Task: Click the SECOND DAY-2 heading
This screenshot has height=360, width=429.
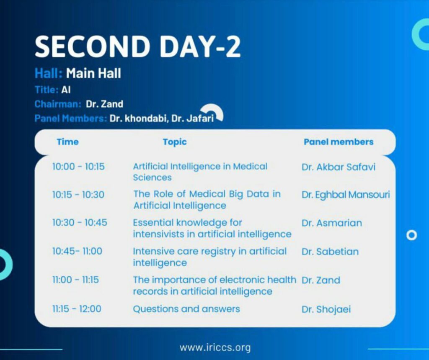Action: click(x=137, y=46)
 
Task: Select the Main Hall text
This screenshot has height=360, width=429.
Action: click(x=93, y=73)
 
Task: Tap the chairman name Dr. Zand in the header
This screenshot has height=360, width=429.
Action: click(x=104, y=104)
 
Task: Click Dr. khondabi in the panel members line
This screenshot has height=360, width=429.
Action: click(x=138, y=118)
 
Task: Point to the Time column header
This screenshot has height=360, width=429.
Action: click(x=67, y=142)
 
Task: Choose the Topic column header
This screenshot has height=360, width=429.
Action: click(x=175, y=142)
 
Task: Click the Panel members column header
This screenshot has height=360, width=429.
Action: click(x=339, y=142)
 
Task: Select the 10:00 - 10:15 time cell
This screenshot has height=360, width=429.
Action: click(x=78, y=167)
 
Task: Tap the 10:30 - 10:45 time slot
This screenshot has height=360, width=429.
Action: click(x=80, y=223)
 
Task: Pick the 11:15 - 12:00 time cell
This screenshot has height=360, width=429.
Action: click(x=77, y=309)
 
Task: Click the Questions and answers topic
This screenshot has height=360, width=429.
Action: click(x=186, y=309)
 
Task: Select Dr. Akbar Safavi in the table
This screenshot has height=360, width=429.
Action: click(x=339, y=167)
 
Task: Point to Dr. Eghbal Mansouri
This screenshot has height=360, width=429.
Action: click(x=346, y=195)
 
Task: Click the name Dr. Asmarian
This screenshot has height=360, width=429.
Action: click(x=332, y=223)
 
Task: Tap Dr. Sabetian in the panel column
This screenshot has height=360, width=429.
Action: click(x=330, y=252)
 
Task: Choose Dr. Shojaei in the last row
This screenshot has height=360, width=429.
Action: click(x=326, y=309)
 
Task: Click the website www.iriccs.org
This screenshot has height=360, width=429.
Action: click(x=215, y=348)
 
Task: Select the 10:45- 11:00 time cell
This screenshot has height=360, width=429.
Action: click(x=77, y=251)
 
